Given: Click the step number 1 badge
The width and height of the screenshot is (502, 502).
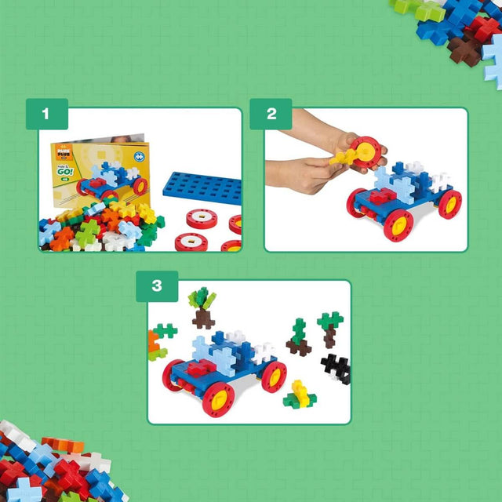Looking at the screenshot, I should click(45, 114).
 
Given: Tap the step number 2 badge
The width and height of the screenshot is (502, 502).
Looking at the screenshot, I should click(271, 114).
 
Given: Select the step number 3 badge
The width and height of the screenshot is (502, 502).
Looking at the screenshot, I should click(156, 286).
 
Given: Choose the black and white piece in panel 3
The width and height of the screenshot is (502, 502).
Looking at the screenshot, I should click(336, 368).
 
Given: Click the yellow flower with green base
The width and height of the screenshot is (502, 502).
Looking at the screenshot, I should click(298, 394).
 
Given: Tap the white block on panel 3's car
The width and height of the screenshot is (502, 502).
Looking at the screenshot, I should click(263, 352).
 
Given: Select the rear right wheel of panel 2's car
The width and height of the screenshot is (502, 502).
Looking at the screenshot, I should click(449, 204).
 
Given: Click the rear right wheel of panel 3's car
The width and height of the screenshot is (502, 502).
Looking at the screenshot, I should click(274, 376).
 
